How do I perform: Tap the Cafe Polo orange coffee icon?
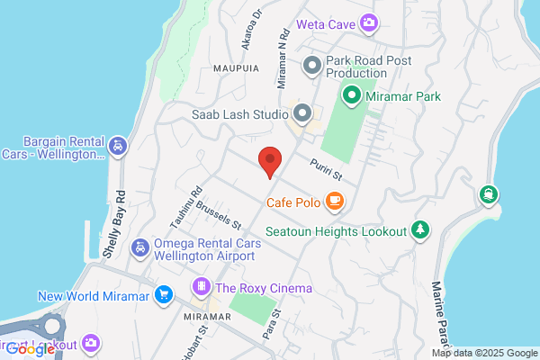[x=335, y=201]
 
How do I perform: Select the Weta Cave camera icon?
[x=368, y=22]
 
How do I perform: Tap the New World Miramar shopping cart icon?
[x=163, y=294]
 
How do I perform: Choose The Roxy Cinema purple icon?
[x=201, y=288]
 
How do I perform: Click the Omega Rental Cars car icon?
[x=140, y=247]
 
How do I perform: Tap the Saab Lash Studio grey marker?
[x=302, y=114]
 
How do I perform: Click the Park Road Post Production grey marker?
[x=312, y=64]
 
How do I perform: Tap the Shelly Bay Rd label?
[x=113, y=229]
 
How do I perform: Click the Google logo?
[x=34, y=350]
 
